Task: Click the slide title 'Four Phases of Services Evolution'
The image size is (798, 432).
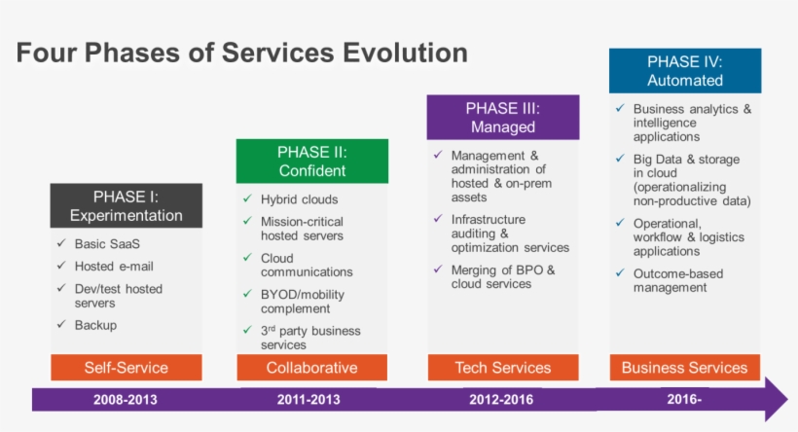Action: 241,53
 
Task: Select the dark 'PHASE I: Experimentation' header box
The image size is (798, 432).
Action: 127,206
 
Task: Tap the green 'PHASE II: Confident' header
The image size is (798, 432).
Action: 311,162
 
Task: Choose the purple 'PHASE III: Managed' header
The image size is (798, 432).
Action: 503,117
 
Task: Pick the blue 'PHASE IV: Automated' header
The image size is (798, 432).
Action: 685,71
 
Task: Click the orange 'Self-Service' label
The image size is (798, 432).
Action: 127,368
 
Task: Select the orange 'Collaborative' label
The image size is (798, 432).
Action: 311,368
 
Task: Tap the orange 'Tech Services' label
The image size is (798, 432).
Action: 503,368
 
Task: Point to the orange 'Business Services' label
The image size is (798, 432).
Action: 685,368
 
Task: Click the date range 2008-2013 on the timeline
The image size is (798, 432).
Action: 125,400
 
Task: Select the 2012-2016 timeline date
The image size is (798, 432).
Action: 502,400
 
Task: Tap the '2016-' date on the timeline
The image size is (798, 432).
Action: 685,400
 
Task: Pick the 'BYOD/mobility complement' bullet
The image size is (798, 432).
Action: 303,302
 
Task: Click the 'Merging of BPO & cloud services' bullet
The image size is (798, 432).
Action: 502,277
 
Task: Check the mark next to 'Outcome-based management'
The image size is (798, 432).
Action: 619,273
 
